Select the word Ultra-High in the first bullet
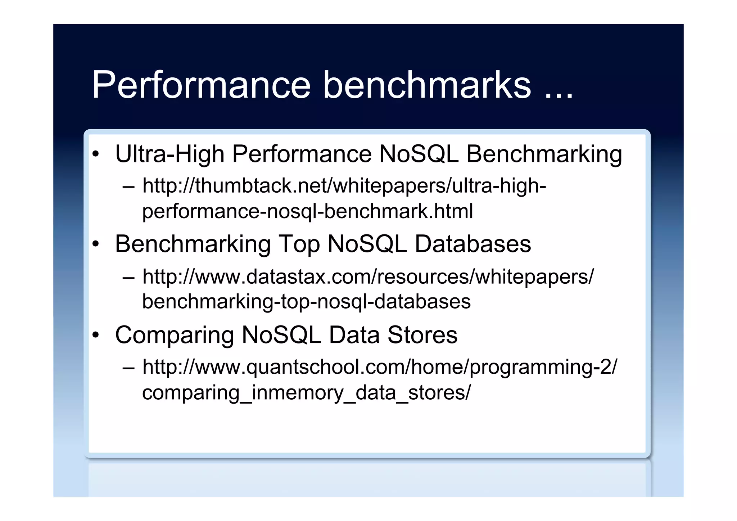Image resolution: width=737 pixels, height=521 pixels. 169,154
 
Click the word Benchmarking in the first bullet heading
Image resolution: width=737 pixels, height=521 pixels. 544,154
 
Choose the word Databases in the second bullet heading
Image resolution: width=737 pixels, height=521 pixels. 473,244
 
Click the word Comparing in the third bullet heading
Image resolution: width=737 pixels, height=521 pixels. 174,335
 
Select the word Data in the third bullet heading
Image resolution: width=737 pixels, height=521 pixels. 354,335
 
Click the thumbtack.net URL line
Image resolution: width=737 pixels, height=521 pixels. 344,186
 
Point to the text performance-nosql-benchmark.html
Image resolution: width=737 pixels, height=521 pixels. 307,211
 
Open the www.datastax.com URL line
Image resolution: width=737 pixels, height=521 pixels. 368,277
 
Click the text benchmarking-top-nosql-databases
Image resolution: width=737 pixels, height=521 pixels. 306,301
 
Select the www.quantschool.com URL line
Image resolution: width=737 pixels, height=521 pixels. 380,367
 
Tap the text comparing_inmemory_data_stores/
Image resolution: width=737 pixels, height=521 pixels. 306,392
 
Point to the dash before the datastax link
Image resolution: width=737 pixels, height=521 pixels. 128,278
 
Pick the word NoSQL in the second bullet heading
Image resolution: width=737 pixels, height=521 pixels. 367,244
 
